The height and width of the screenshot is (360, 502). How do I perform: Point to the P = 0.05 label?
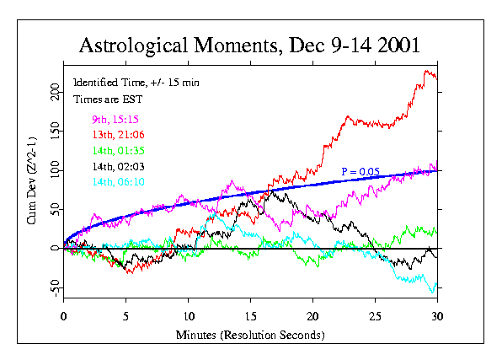click(360, 172)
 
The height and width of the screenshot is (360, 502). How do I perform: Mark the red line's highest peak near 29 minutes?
click(427, 71)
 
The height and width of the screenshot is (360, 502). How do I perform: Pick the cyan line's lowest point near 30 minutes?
click(433, 293)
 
